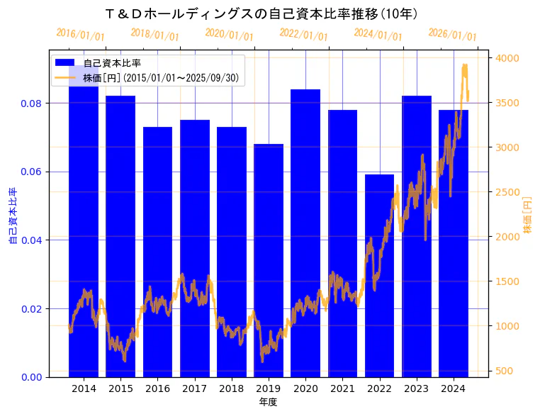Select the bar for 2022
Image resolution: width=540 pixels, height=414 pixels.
(x=379, y=276)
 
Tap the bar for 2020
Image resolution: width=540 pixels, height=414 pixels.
(x=305, y=233)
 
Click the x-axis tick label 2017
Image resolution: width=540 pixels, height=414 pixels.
(x=194, y=388)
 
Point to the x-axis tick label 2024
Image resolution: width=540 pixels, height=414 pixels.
(x=453, y=388)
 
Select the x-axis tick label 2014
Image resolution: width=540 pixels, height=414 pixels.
(x=84, y=388)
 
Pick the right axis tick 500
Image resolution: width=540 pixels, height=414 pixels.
(x=505, y=371)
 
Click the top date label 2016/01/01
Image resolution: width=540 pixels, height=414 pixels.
(x=80, y=35)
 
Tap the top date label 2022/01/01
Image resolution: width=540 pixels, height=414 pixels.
(x=303, y=35)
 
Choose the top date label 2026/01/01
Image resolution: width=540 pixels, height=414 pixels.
(x=452, y=35)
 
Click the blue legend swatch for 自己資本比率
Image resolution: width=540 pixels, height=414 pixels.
(x=65, y=63)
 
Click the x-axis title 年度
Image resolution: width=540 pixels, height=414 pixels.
(x=268, y=402)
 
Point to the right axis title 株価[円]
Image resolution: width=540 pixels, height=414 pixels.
(x=527, y=216)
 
